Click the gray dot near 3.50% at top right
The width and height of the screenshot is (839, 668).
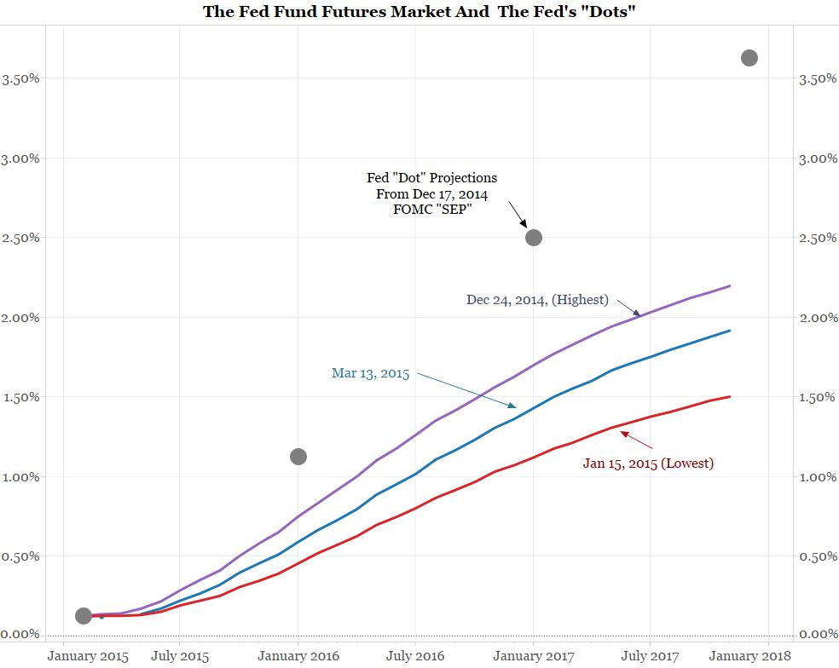pyautogui.click(x=749, y=58)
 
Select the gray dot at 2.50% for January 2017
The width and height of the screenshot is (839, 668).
pyautogui.click(x=534, y=237)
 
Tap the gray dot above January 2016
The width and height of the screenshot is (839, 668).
pyautogui.click(x=298, y=457)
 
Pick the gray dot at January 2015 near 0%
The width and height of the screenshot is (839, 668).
pyautogui.click(x=84, y=615)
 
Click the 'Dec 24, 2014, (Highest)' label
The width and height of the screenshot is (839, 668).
pyautogui.click(x=537, y=299)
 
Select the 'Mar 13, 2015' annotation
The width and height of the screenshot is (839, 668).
pyautogui.click(x=370, y=373)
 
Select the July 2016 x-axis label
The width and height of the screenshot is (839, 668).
pyautogui.click(x=415, y=655)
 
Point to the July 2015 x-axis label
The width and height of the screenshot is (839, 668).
pyautogui.click(x=180, y=655)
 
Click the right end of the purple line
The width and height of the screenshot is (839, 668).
pyautogui.click(x=731, y=286)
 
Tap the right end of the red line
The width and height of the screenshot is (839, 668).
pyautogui.click(x=731, y=396)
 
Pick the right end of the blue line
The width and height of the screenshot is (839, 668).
pyautogui.click(x=731, y=331)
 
